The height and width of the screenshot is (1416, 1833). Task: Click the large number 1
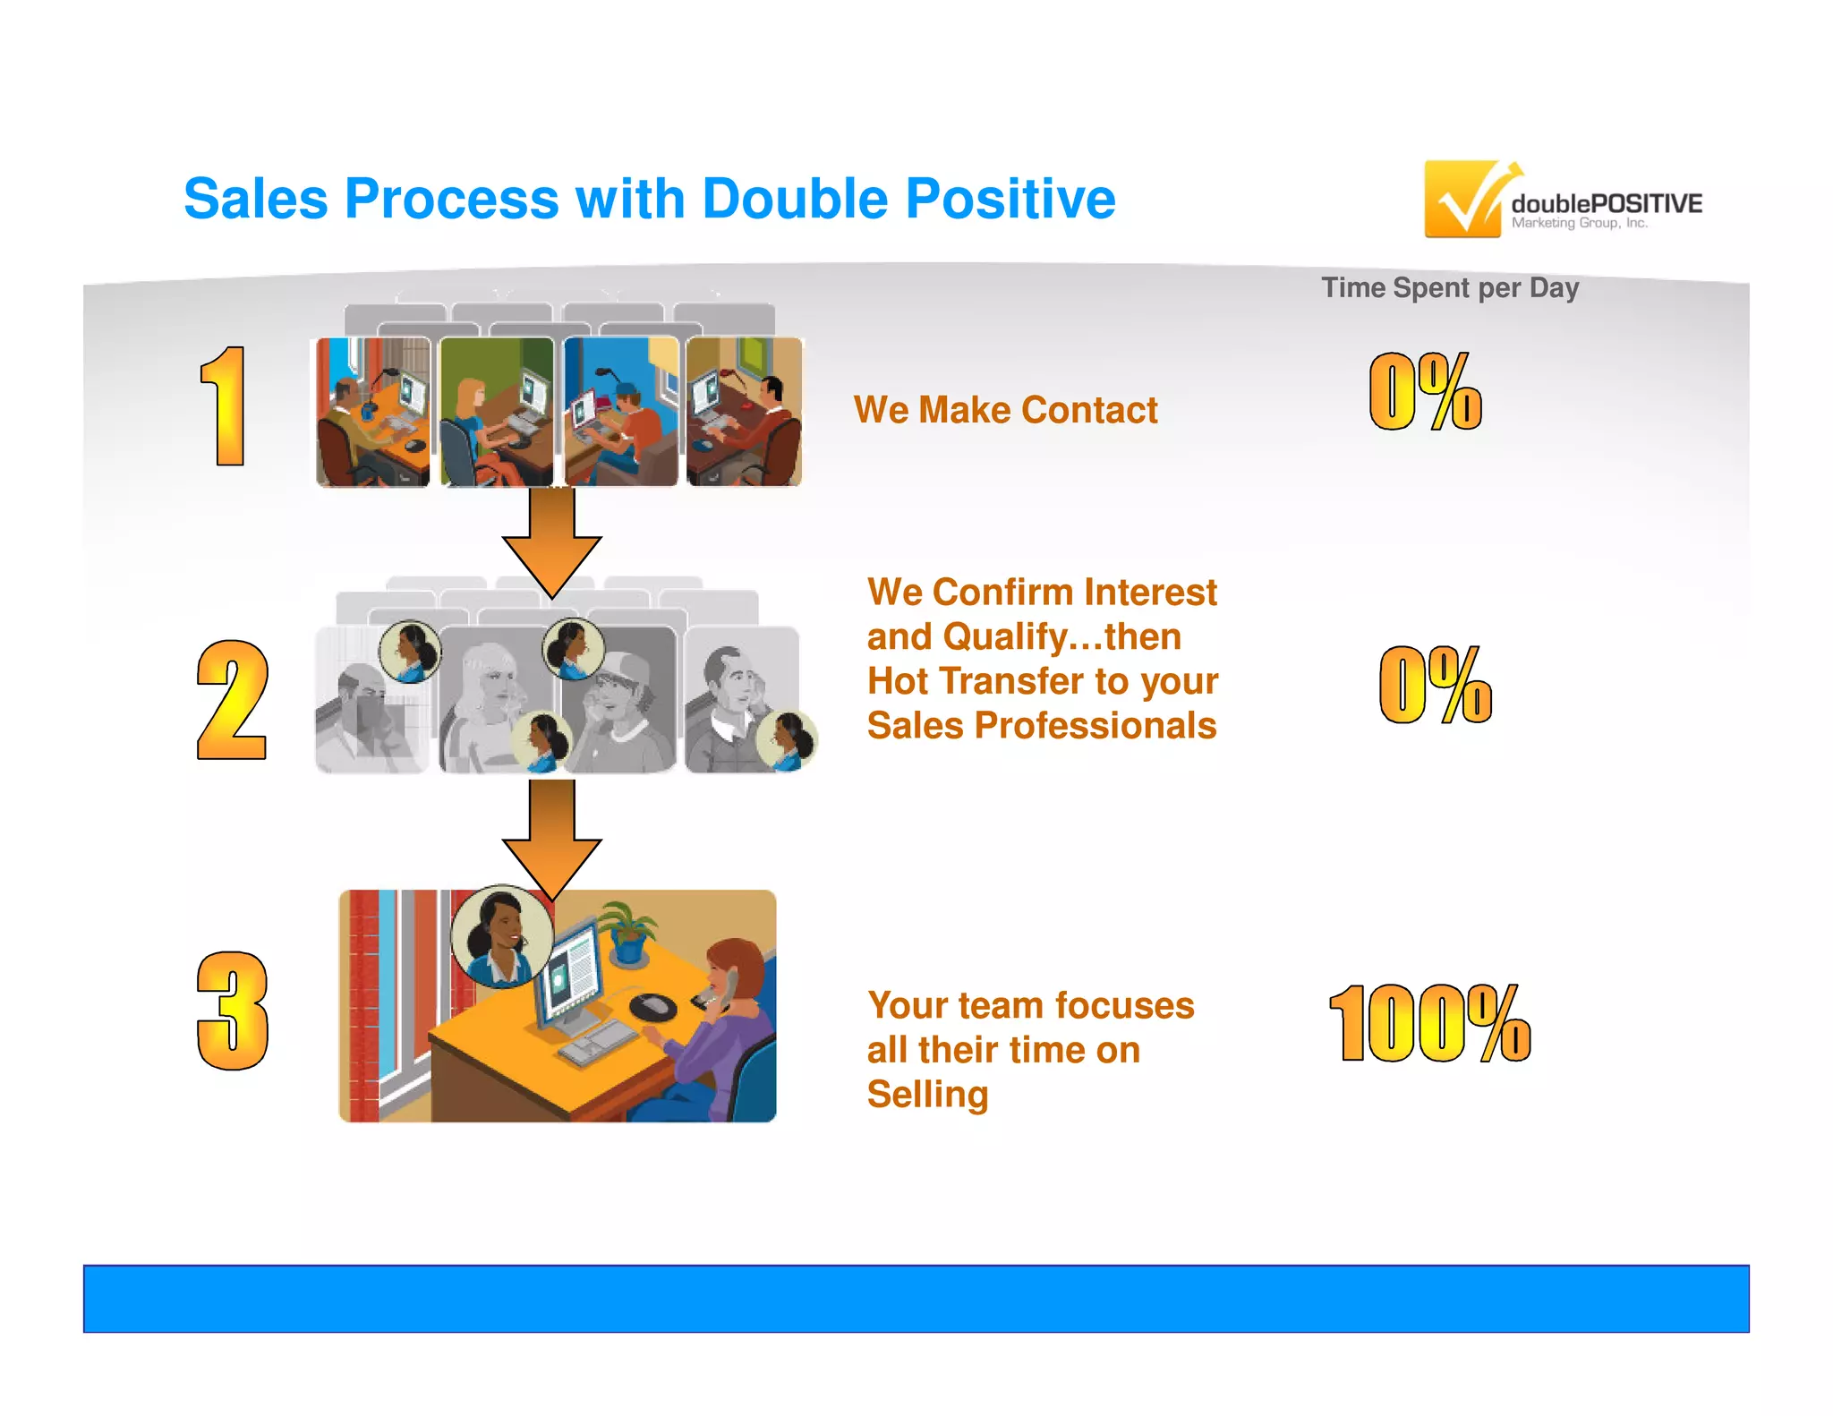[x=224, y=407]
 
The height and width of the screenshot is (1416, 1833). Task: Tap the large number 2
[x=232, y=701]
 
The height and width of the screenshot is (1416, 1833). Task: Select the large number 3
[x=232, y=1011]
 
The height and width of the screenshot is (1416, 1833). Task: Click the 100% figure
[x=1429, y=1023]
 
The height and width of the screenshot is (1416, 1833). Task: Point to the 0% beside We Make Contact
[x=1425, y=391]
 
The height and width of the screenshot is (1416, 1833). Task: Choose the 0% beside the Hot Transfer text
[x=1435, y=685]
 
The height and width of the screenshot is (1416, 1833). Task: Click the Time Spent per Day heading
[x=1450, y=288]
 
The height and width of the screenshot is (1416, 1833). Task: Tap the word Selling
[x=927, y=1095]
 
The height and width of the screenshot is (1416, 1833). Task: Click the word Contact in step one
[x=1089, y=410]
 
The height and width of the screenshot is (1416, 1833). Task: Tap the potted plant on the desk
[x=629, y=931]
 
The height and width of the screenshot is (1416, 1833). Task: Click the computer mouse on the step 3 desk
[x=653, y=1005]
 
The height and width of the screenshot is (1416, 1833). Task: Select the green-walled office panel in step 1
[x=497, y=412]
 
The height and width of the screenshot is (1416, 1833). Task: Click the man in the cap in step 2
[x=618, y=707]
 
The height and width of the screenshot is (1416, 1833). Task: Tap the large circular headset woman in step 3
[x=501, y=936]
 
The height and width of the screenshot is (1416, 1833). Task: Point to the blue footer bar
[x=916, y=1298]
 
